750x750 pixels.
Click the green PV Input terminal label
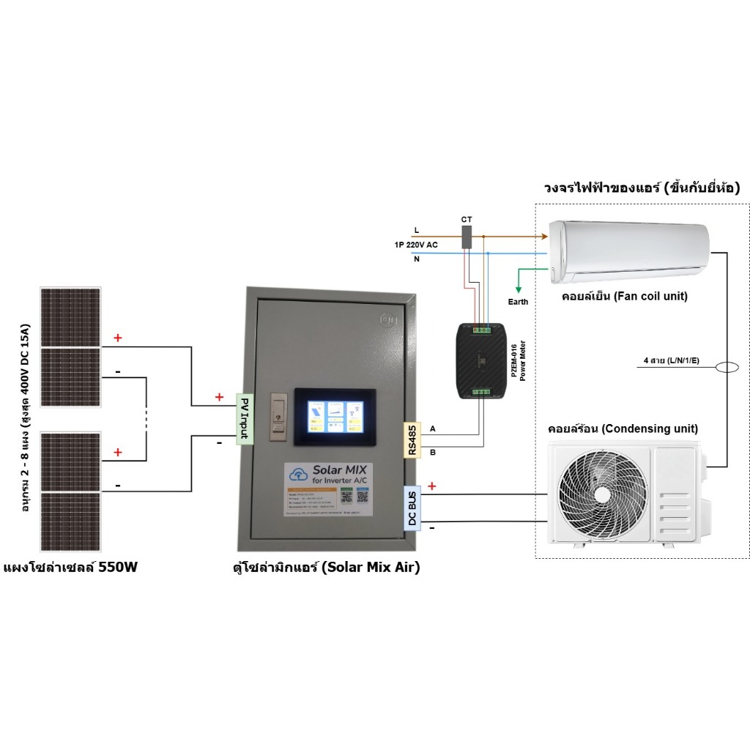click(243, 419)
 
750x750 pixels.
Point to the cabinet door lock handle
click(276, 418)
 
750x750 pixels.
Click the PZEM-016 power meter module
click(480, 361)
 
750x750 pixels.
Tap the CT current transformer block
click(467, 237)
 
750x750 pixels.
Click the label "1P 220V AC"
click(415, 245)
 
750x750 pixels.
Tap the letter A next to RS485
click(432, 428)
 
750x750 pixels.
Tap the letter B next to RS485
click(432, 453)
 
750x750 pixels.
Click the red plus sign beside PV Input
click(218, 397)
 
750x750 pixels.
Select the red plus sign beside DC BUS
click(431, 486)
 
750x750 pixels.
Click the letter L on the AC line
click(417, 231)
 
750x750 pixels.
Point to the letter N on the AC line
click(417, 258)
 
